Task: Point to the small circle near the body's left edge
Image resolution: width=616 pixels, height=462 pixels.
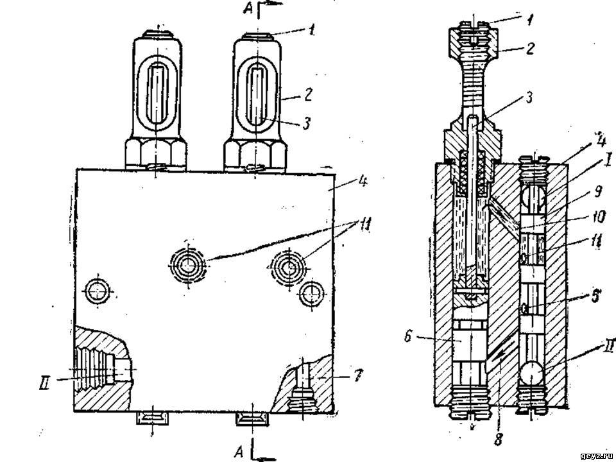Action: click(96, 289)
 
